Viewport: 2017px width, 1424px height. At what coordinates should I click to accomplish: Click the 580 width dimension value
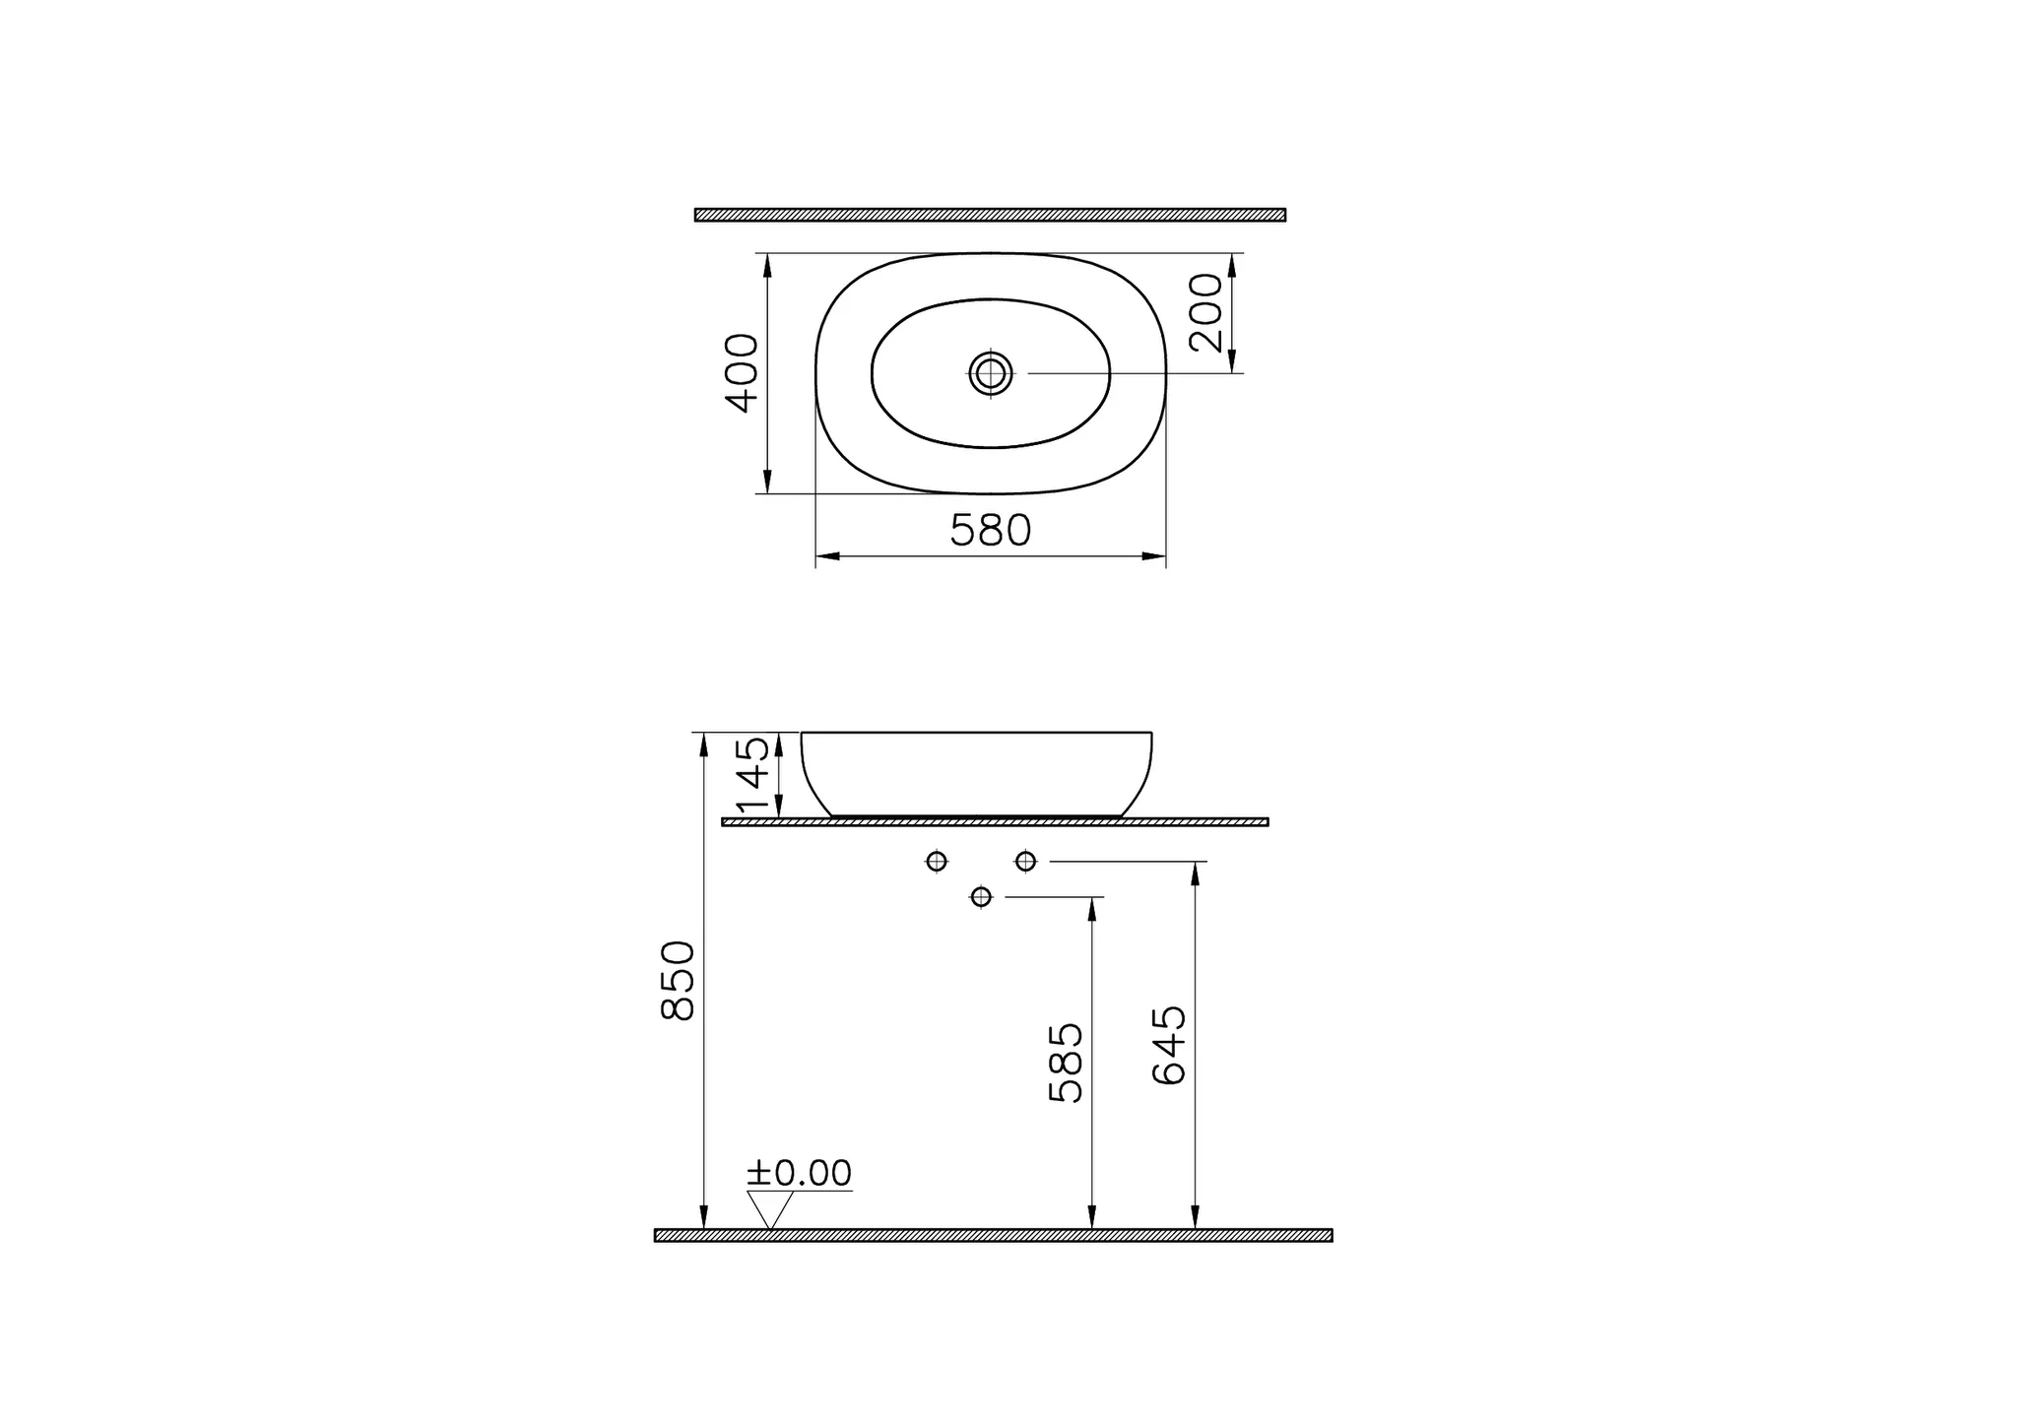pyautogui.click(x=990, y=531)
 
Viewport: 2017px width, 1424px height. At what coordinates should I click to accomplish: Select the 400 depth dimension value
pyautogui.click(x=743, y=373)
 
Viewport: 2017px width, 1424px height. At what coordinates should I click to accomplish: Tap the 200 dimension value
pyautogui.click(x=1205, y=312)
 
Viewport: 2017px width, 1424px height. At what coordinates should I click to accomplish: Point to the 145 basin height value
pyautogui.click(x=753, y=774)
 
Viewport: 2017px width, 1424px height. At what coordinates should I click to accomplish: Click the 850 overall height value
pyautogui.click(x=679, y=981)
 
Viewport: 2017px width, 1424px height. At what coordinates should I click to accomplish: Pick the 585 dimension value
pyautogui.click(x=1066, y=1063)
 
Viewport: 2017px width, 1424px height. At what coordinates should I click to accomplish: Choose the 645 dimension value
pyautogui.click(x=1169, y=1045)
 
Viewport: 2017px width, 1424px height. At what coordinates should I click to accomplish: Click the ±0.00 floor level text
pyautogui.click(x=799, y=1173)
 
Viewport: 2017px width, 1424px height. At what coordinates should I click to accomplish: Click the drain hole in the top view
pyautogui.click(x=991, y=373)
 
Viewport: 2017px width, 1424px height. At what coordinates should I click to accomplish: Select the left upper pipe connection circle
pyautogui.click(x=937, y=862)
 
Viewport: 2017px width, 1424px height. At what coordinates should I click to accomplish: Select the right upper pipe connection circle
pyautogui.click(x=1025, y=862)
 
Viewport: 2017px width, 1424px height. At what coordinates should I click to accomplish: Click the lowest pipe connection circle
pyautogui.click(x=981, y=897)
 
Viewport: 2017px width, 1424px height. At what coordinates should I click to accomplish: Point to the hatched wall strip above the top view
pyautogui.click(x=990, y=215)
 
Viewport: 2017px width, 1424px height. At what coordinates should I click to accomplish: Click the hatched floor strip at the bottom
pyautogui.click(x=993, y=1235)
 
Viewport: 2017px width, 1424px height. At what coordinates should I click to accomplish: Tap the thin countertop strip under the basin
pyautogui.click(x=995, y=821)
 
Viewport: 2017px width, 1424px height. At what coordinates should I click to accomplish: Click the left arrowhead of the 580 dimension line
pyautogui.click(x=826, y=556)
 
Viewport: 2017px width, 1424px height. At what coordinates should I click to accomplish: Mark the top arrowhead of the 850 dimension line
pyautogui.click(x=703, y=744)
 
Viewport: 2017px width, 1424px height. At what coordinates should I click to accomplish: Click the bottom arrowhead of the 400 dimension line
pyautogui.click(x=767, y=484)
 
